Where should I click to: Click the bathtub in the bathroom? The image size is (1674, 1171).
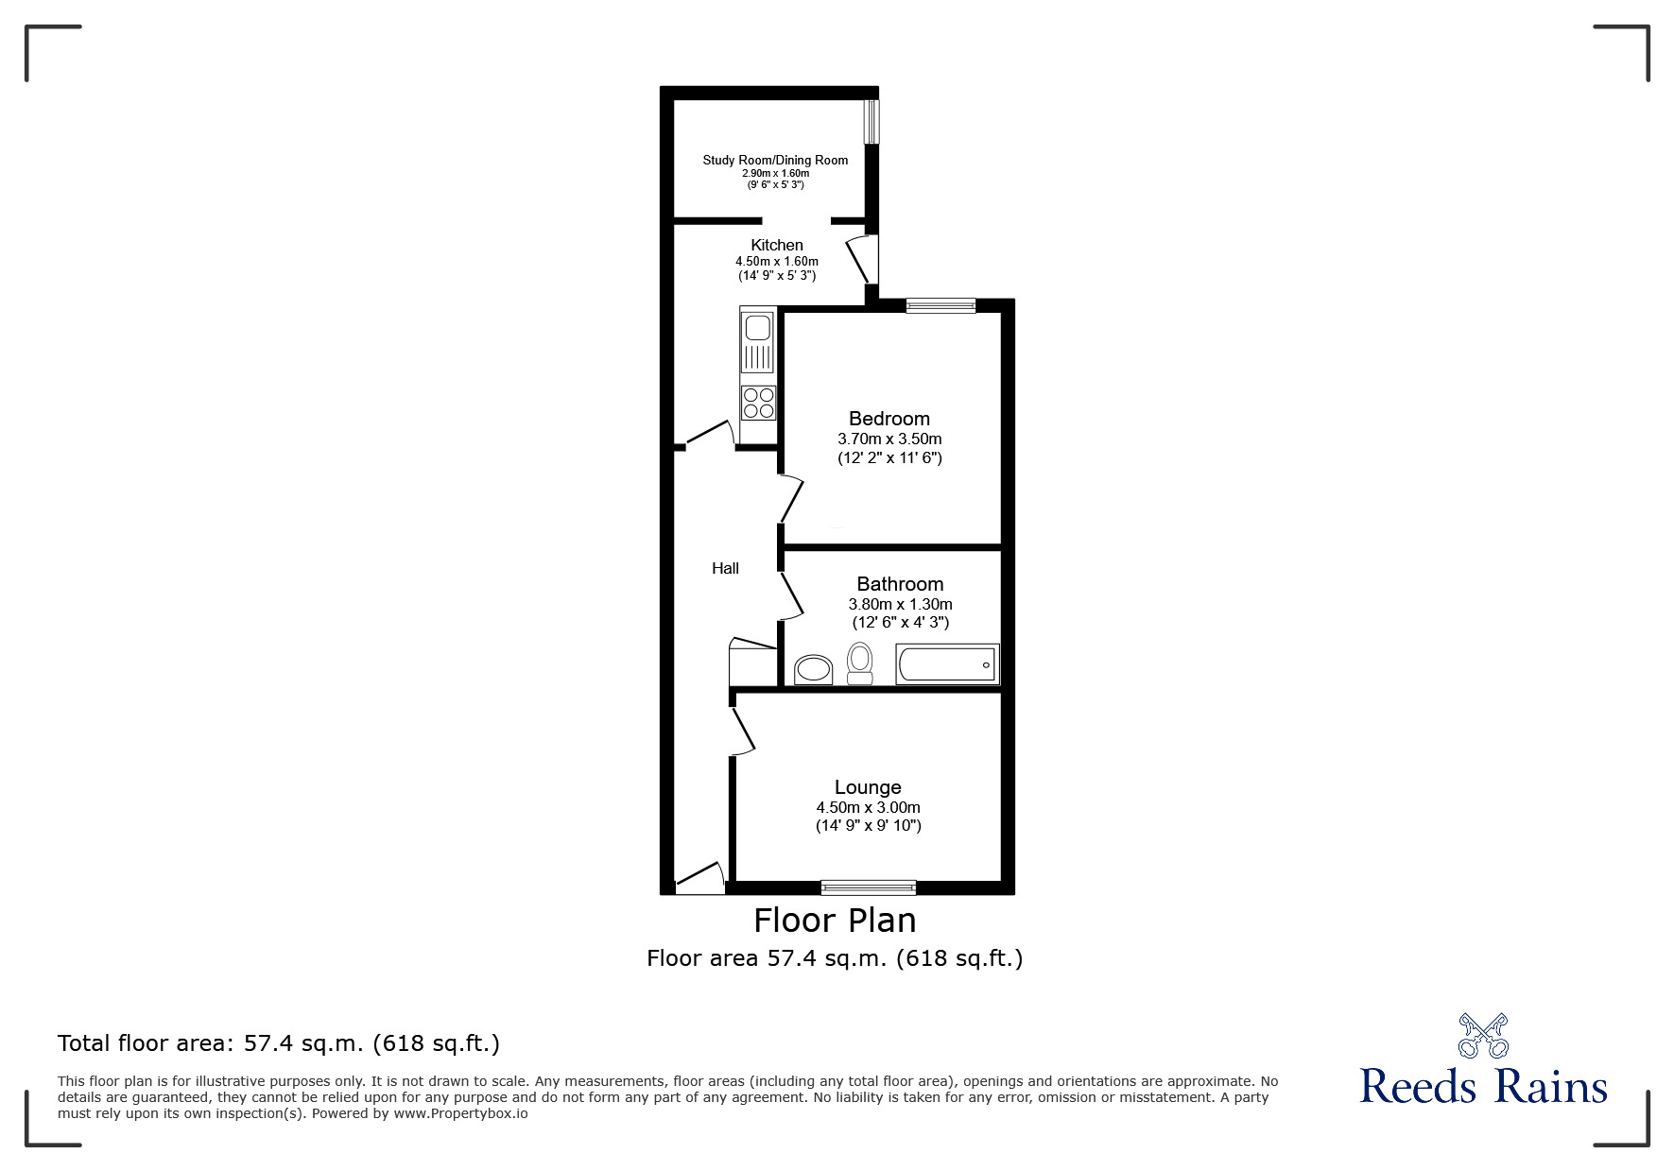tap(947, 664)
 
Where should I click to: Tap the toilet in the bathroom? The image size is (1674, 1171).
tap(859, 663)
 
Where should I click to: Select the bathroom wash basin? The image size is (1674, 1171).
tap(813, 670)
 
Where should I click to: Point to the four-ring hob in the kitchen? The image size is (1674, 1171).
tap(758, 403)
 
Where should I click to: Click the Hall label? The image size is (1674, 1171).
tap(725, 568)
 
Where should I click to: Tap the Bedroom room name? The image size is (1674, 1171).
tap(889, 419)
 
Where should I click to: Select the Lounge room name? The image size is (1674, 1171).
tap(868, 787)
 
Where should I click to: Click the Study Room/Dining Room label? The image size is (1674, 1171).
tap(775, 160)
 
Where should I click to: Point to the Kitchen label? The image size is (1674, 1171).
tap(777, 246)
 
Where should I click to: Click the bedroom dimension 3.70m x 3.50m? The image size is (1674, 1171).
tap(889, 439)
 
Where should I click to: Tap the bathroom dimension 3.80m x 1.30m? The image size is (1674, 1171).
tap(900, 604)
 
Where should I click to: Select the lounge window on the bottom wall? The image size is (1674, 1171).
tap(868, 887)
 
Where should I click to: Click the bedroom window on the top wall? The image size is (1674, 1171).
tap(941, 305)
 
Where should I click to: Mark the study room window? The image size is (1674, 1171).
tap(872, 122)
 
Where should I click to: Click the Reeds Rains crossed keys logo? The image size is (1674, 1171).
tap(1483, 1036)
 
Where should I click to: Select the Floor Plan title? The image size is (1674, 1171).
tap(835, 920)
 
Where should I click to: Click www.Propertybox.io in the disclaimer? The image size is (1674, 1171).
tap(460, 1113)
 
